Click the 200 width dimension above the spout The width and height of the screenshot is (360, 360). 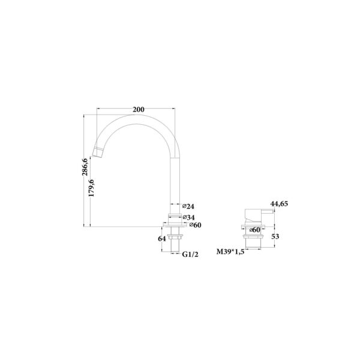tap(138, 109)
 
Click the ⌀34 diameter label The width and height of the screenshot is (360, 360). tap(188, 217)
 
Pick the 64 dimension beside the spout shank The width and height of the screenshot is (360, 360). tap(161, 239)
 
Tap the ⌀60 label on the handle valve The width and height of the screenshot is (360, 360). tap(254, 229)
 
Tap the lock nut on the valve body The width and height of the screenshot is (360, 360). tap(254, 237)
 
